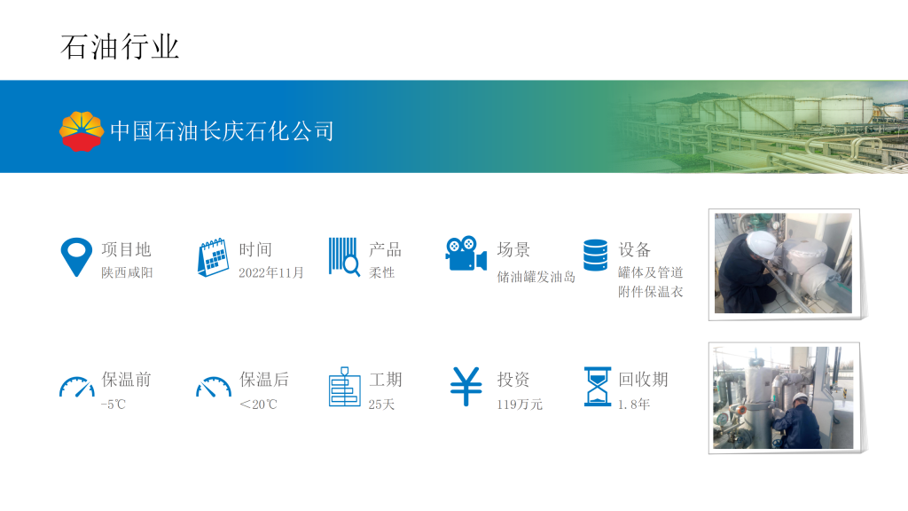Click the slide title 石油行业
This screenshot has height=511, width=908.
120,47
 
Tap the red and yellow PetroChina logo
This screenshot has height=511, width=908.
82,131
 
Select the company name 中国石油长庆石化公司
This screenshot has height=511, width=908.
222,131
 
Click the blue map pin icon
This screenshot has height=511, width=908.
76,256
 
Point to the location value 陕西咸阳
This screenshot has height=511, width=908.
127,272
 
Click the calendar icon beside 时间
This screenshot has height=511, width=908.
213,257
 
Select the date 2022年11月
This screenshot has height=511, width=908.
271,272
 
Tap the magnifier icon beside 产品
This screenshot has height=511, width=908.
345,256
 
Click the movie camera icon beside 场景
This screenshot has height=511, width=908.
466,253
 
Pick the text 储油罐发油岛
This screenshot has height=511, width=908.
536,277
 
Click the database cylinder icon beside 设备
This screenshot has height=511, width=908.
595,255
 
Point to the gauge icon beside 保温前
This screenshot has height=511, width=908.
77,387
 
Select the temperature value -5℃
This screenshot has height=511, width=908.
113,405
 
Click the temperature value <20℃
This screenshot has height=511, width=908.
258,405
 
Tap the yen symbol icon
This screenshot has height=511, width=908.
466,387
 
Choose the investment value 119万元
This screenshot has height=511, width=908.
520,405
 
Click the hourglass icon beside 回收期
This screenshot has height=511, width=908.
598,387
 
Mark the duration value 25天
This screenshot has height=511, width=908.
381,405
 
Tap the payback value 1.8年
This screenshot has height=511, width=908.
634,405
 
